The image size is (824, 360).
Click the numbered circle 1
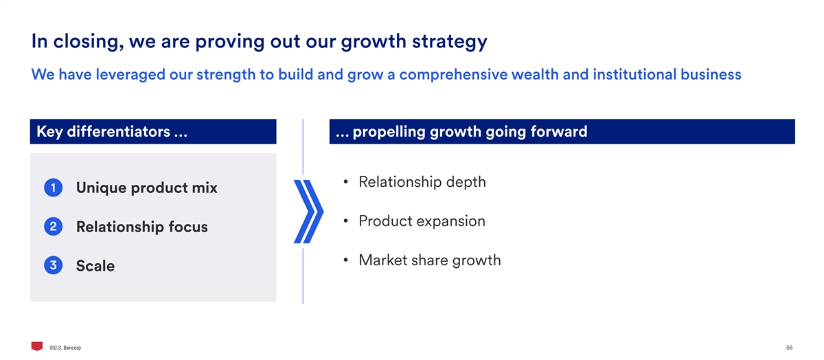(x=53, y=188)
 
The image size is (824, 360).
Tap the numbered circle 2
(x=53, y=227)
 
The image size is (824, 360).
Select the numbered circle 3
(x=53, y=265)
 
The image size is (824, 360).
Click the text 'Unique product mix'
(x=146, y=188)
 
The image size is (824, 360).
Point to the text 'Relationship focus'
(x=141, y=227)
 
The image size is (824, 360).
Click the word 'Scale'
(x=95, y=266)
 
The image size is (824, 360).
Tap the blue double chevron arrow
(x=308, y=212)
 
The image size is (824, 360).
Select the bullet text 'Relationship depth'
(x=422, y=182)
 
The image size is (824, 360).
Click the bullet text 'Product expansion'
(x=422, y=221)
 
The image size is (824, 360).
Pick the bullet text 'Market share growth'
(x=430, y=260)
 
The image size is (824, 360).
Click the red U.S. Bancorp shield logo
(x=37, y=346)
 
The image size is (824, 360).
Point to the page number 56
(x=790, y=348)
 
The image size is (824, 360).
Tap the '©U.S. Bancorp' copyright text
(x=65, y=348)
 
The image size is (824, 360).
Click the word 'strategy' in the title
(x=450, y=42)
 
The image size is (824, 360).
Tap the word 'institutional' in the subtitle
(x=634, y=74)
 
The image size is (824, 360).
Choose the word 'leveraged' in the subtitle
(x=130, y=75)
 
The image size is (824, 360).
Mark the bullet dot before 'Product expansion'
(x=345, y=221)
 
